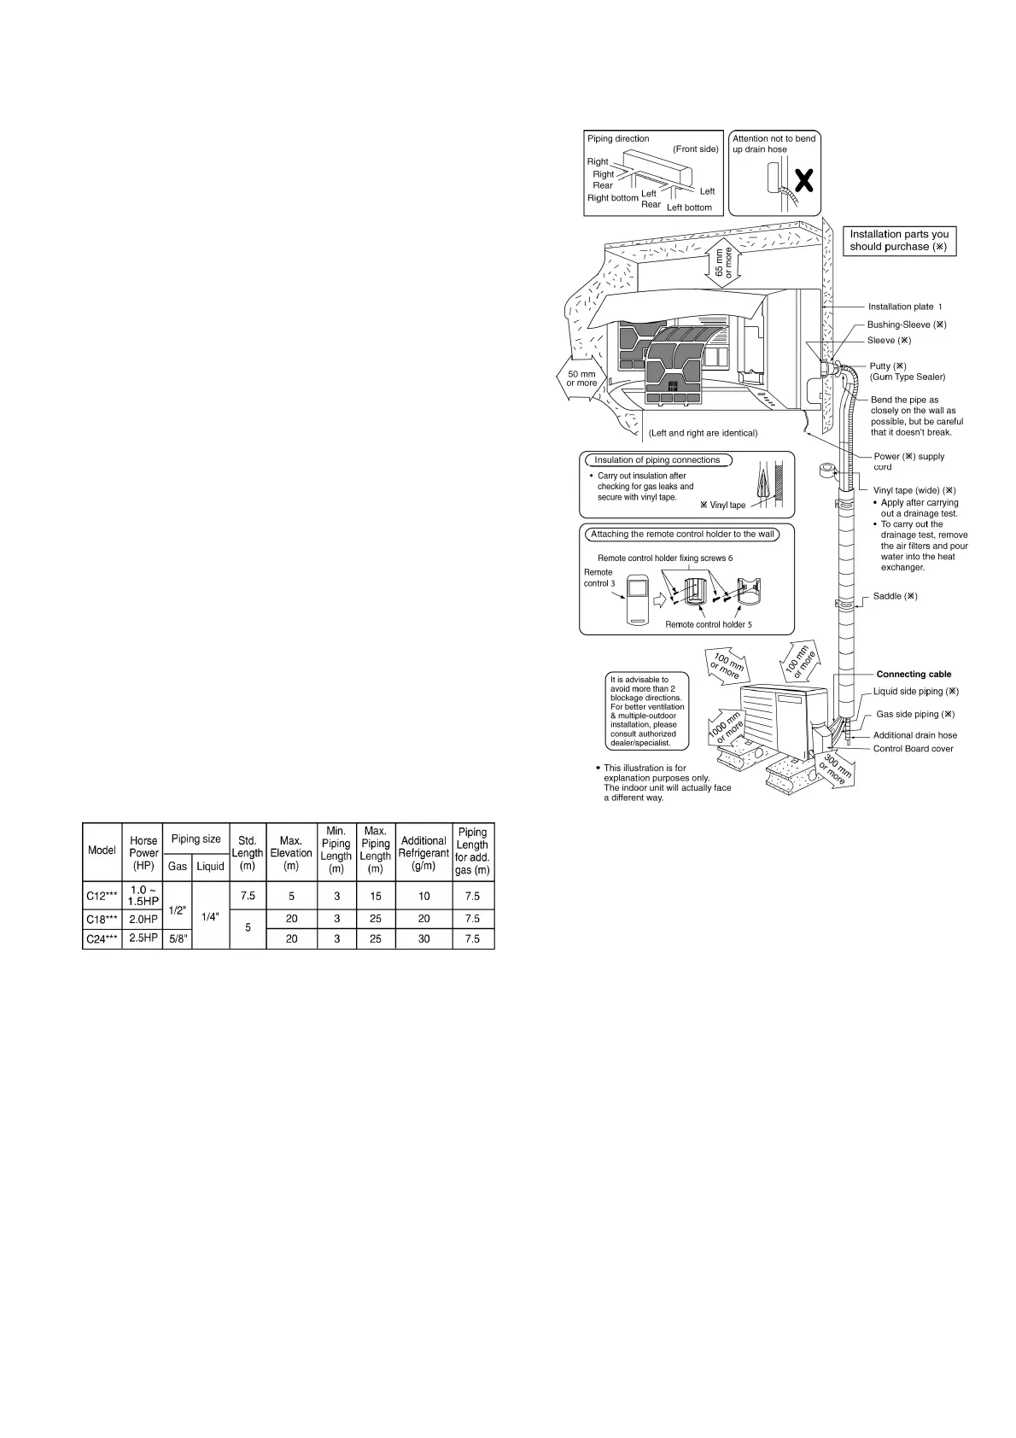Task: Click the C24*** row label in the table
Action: point(102,938)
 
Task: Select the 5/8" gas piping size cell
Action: point(178,938)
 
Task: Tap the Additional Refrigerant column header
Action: point(423,852)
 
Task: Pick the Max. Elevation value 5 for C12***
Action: point(291,896)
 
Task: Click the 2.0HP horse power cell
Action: point(143,919)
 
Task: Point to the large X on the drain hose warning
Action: point(803,180)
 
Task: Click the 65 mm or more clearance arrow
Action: point(722,263)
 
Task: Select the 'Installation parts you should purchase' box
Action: point(899,240)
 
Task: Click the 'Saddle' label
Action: point(895,596)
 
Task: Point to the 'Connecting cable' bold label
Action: point(914,674)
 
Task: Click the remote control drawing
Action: point(638,599)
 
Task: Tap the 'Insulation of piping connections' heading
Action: point(657,459)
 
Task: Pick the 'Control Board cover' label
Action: point(913,749)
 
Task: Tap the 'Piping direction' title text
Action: point(618,138)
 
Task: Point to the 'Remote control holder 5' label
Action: point(709,624)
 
